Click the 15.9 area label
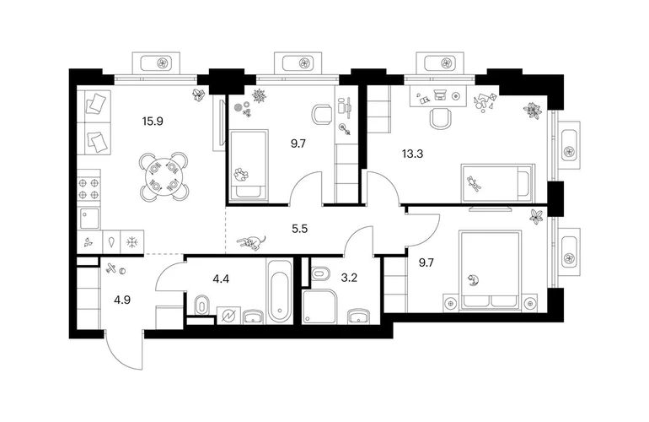click(153, 122)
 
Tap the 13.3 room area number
click(412, 154)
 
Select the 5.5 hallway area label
click(300, 229)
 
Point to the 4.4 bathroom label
click(221, 279)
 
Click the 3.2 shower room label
click(349, 278)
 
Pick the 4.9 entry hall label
click(122, 300)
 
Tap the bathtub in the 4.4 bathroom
click(280, 290)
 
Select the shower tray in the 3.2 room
click(321, 306)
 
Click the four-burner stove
click(89, 188)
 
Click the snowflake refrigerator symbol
click(132, 242)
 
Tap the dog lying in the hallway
click(251, 242)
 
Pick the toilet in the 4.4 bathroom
click(201, 306)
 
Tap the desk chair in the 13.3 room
click(440, 117)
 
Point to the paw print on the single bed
click(240, 175)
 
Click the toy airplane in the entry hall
click(110, 268)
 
